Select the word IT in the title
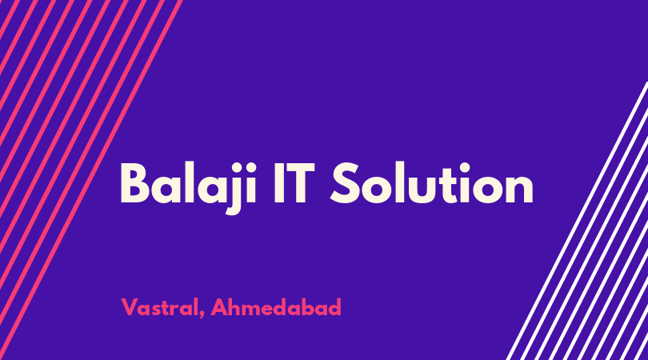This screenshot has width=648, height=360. pyautogui.click(x=294, y=183)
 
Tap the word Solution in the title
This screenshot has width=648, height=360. pyautogui.click(x=432, y=182)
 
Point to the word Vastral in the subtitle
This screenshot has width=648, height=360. pyautogui.click(x=160, y=307)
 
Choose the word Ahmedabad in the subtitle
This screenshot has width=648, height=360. pyautogui.click(x=276, y=306)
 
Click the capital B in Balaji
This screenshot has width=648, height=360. pyautogui.click(x=135, y=183)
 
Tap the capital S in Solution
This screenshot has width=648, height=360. pyautogui.click(x=345, y=183)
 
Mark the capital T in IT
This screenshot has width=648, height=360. pyautogui.click(x=300, y=183)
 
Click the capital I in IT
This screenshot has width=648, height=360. pyautogui.click(x=278, y=183)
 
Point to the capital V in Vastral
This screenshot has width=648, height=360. pyautogui.click(x=130, y=306)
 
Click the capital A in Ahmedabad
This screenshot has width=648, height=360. pyautogui.click(x=219, y=306)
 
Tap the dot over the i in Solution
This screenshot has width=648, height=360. pyautogui.click(x=465, y=166)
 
